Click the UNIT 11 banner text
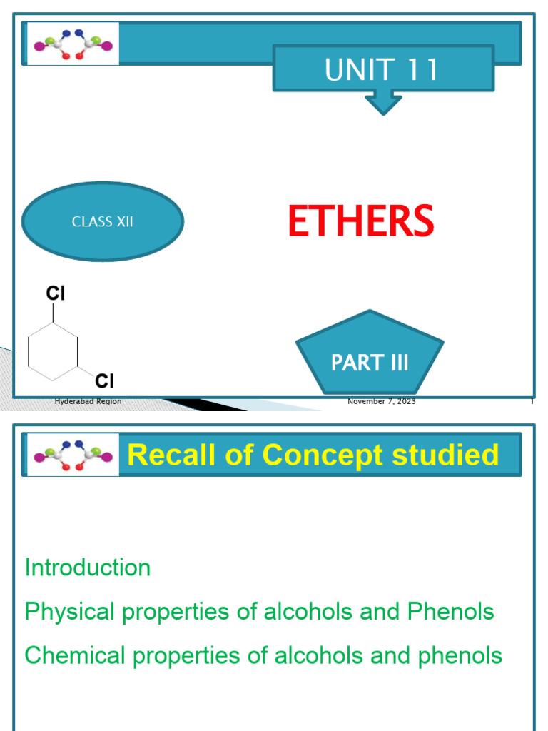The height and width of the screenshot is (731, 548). pyautogui.click(x=381, y=70)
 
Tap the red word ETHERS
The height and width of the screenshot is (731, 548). pyautogui.click(x=360, y=221)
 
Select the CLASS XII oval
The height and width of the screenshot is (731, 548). pyautogui.click(x=103, y=222)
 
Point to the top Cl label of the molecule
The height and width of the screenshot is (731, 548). pyautogui.click(x=57, y=293)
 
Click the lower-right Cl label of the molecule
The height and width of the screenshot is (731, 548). pyautogui.click(x=105, y=379)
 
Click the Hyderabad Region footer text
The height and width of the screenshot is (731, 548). pyautogui.click(x=88, y=402)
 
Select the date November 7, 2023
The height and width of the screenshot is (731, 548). pyautogui.click(x=381, y=402)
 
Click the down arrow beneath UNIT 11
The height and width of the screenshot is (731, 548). pyautogui.click(x=383, y=102)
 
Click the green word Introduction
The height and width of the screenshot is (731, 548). pyautogui.click(x=87, y=568)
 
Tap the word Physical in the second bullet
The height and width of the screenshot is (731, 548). pyautogui.click(x=69, y=612)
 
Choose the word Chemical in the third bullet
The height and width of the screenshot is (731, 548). pyautogui.click(x=75, y=655)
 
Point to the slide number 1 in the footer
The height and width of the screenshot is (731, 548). pyautogui.click(x=532, y=402)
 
